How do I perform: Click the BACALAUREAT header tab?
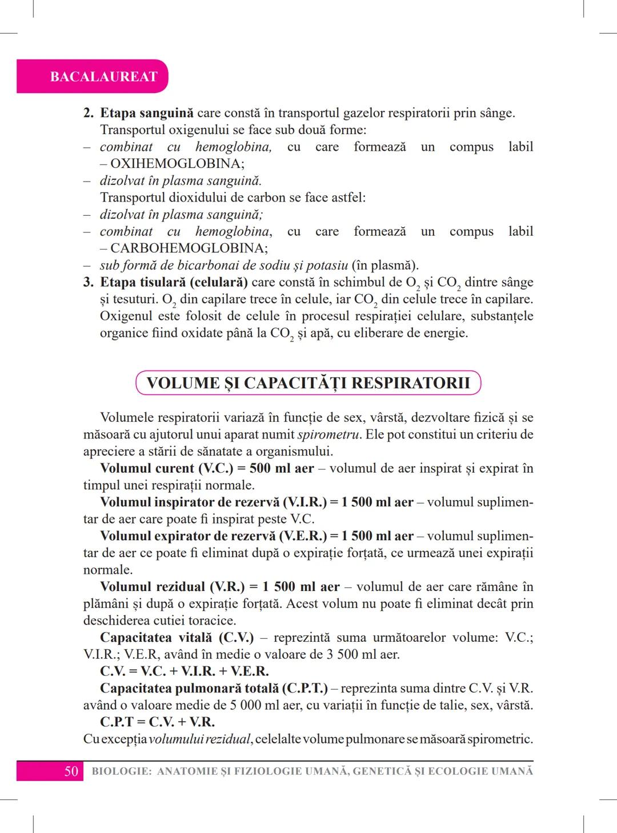point(103,77)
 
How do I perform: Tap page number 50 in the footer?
point(71,771)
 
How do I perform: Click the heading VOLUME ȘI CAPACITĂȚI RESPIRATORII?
point(308,383)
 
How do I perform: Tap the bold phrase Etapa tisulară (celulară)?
point(174,282)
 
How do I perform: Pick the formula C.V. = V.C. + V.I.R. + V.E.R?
point(184,671)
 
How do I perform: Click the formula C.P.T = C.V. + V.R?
point(157,722)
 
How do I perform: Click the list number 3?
point(88,282)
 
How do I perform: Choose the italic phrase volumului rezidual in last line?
point(200,739)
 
